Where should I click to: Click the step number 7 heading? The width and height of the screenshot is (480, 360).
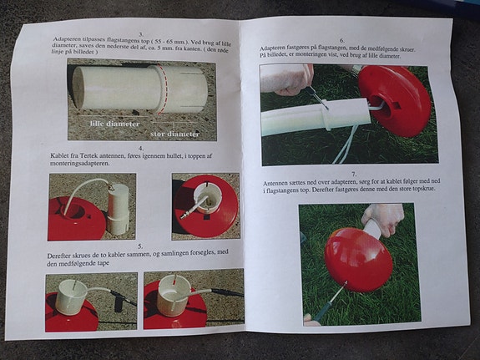[x=355, y=175]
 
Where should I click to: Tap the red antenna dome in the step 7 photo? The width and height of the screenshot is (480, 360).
[x=356, y=260]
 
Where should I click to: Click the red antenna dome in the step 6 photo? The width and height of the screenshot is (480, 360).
[x=395, y=99]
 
